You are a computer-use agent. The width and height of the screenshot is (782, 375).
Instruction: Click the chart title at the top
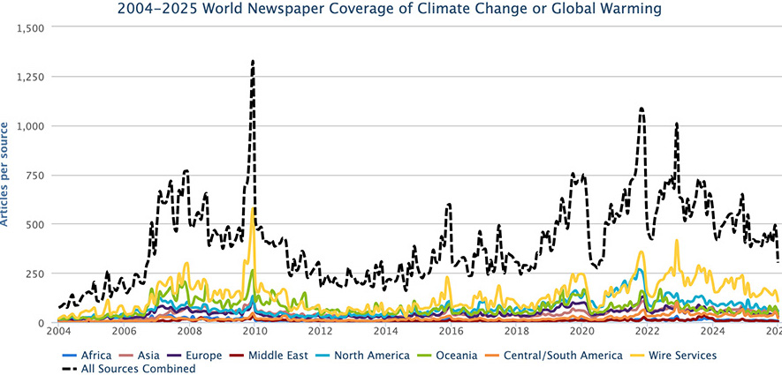point(391,10)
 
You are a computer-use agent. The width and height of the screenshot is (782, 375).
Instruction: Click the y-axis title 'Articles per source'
point(7,175)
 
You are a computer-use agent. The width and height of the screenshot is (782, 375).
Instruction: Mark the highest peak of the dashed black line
point(253,61)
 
